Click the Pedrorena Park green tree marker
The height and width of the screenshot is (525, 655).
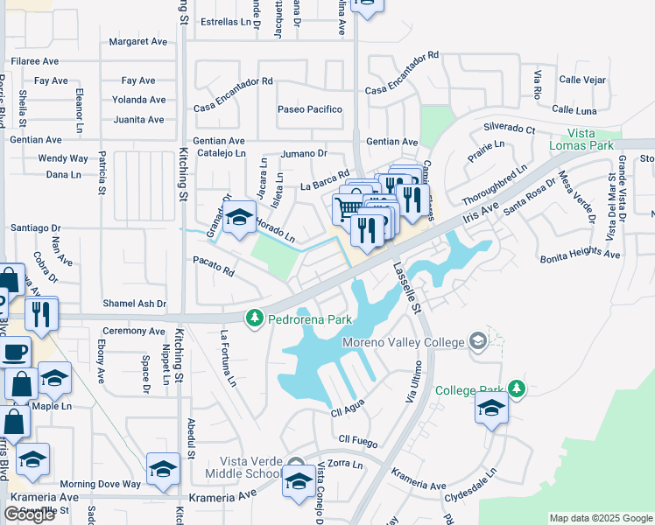pyautogui.click(x=255, y=318)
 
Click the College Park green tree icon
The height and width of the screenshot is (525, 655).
pyautogui.click(x=517, y=388)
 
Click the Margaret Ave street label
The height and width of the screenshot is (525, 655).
pyautogui.click(x=137, y=41)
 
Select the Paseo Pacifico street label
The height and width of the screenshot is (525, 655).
pyautogui.click(x=309, y=109)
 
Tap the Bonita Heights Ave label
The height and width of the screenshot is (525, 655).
pyautogui.click(x=580, y=255)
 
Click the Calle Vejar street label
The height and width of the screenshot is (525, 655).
pyautogui.click(x=582, y=80)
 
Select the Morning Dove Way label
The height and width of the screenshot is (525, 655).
pyautogui.click(x=100, y=484)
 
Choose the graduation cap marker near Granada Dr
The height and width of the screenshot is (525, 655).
pyautogui.click(x=237, y=219)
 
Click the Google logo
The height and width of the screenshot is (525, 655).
pyautogui.click(x=29, y=514)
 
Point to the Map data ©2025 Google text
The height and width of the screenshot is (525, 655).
pyautogui.click(x=600, y=518)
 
